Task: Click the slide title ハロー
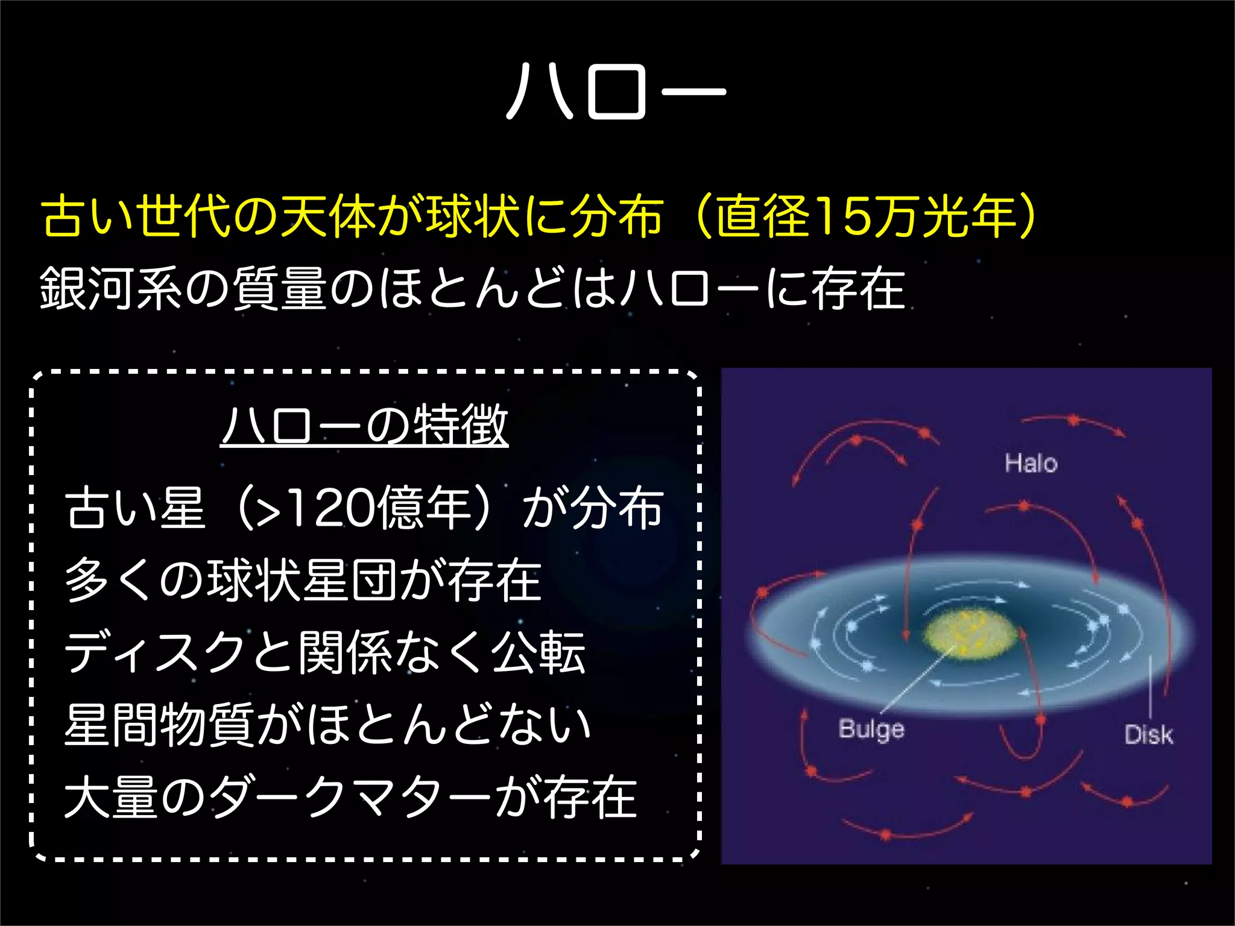[616, 92]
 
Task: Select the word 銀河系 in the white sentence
[111, 288]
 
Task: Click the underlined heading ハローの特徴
[365, 426]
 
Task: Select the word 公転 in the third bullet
[538, 653]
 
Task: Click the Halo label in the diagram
[1031, 464]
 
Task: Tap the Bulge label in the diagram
[871, 729]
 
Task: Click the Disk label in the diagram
[1148, 735]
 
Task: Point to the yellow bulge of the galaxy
[970, 634]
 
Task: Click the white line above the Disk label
[1150, 686]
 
